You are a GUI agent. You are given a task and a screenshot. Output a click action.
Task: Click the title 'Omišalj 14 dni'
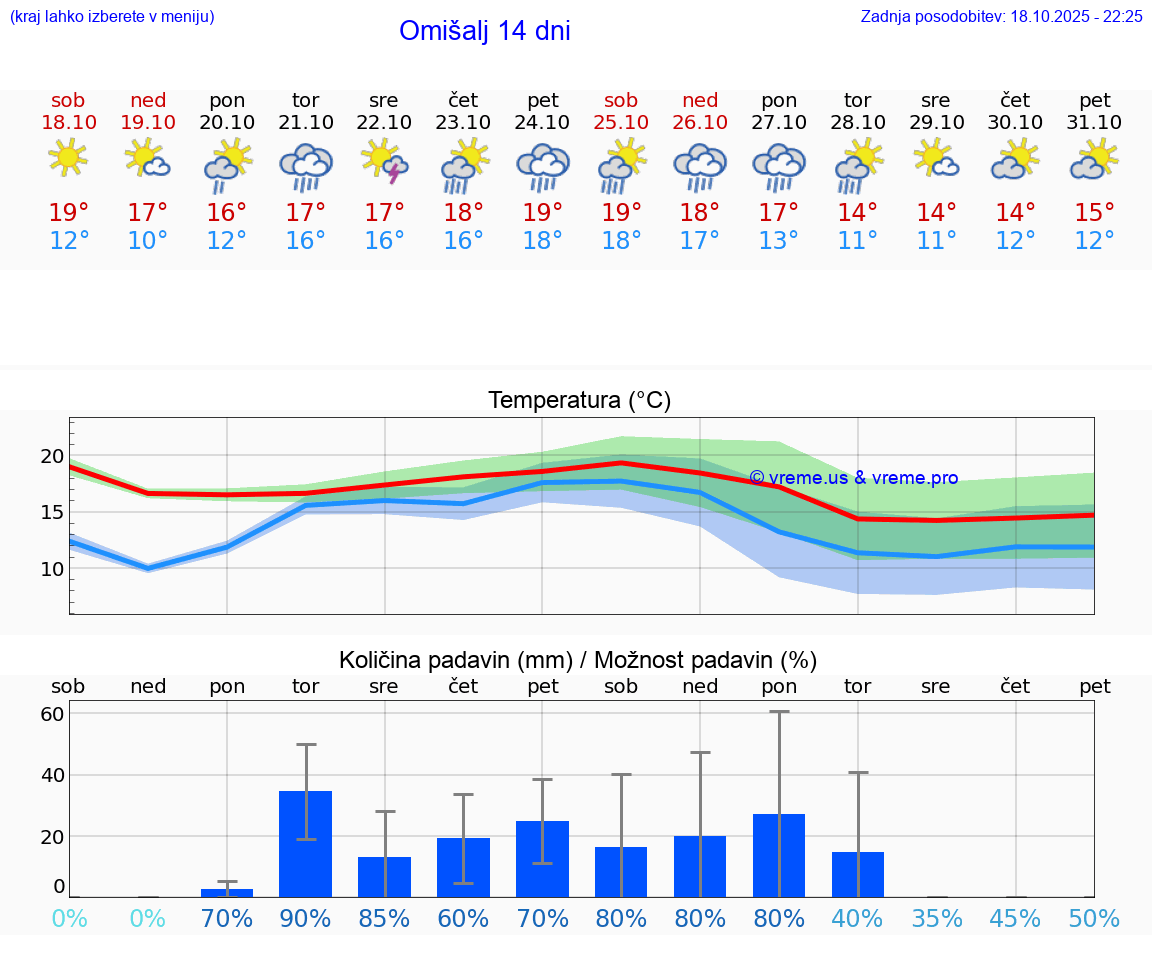(x=484, y=31)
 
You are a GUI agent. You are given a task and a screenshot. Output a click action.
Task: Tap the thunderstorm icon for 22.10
(x=385, y=162)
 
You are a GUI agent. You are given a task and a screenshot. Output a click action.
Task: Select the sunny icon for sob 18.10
(x=68, y=157)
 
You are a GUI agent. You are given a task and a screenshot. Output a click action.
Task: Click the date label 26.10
(x=700, y=122)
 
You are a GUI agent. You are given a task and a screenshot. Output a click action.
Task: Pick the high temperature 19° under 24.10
(x=542, y=212)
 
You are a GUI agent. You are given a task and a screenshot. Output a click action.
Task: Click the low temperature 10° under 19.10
(x=148, y=241)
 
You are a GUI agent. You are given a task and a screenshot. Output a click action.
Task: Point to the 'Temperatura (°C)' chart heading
(x=579, y=400)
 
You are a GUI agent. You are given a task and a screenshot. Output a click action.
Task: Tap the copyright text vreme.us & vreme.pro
(x=853, y=478)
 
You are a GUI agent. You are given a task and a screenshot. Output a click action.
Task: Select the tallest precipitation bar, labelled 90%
(x=305, y=843)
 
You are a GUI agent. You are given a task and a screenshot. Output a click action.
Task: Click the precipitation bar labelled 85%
(x=384, y=876)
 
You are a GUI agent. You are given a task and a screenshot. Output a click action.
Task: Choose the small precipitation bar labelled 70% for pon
(x=227, y=892)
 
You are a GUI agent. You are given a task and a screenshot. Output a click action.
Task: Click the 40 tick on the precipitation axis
(x=52, y=774)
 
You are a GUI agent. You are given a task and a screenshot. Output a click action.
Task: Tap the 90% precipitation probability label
(x=305, y=918)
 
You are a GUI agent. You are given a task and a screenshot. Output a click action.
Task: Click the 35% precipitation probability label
(x=937, y=918)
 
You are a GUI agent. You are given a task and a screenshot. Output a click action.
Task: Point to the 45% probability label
(x=1016, y=918)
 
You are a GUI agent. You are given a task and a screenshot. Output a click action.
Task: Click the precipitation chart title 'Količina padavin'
(x=577, y=660)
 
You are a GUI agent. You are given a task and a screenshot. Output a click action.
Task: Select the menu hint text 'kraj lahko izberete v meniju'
(x=112, y=16)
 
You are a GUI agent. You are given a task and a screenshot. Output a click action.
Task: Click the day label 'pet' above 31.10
(x=1095, y=100)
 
